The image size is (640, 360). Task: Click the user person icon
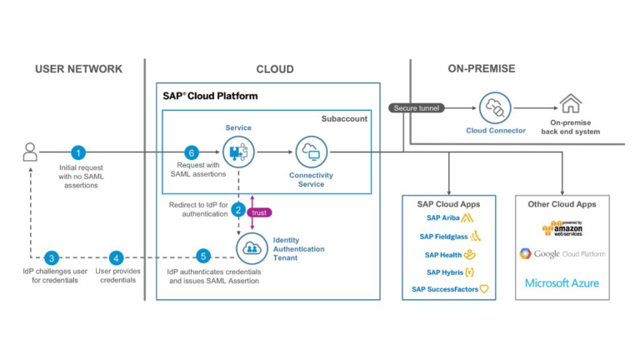coord(30,152)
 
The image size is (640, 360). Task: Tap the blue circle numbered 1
coord(78,152)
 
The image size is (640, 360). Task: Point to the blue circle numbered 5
coord(202,257)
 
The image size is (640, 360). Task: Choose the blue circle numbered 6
coord(191,152)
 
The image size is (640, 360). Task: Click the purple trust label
coord(259,212)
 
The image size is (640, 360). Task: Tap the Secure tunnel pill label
coord(417,107)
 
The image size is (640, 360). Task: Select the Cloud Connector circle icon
coord(495,107)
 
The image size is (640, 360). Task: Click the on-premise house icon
coord(571,104)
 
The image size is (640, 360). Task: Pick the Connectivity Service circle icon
coord(311,152)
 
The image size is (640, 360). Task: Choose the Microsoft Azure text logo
coord(562,283)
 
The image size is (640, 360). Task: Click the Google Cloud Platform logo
coord(562,253)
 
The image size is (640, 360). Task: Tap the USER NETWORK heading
coord(78,69)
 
